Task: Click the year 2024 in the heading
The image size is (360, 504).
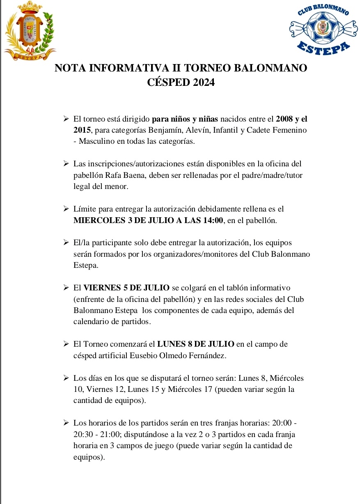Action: pos(201,82)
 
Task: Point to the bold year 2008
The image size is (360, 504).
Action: pos(284,120)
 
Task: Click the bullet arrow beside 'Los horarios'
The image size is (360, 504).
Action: pos(65,423)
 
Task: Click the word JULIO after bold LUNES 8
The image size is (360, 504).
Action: pos(222,344)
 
